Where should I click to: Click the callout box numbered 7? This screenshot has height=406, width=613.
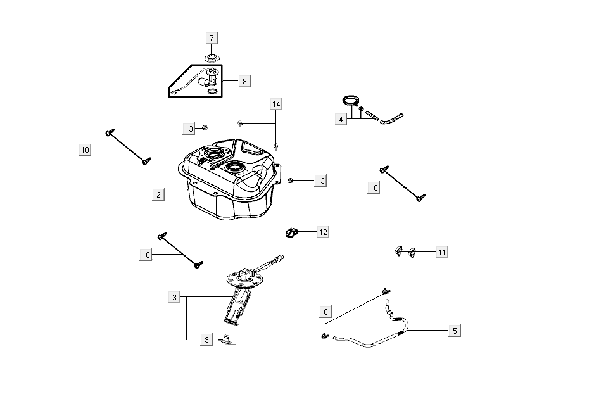coord(212,38)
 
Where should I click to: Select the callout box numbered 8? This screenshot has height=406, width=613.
coord(244,81)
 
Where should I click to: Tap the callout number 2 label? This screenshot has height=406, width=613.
coord(158,194)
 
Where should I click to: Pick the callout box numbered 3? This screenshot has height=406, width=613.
coord(175,297)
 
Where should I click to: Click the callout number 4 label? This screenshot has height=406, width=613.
coord(341,119)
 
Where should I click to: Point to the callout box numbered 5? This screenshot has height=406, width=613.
coord(454,330)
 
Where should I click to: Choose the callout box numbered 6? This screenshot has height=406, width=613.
coord(325,312)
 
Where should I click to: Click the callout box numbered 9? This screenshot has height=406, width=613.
coord(206,340)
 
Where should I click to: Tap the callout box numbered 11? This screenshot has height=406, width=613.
coord(442,252)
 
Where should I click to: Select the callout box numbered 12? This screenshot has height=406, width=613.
coord(323,232)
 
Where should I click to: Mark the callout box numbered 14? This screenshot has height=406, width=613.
coord(276,103)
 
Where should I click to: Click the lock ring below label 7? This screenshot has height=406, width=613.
coord(212,59)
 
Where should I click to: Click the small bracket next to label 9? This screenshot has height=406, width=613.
coord(227,340)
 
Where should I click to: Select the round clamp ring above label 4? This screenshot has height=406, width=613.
coord(350,101)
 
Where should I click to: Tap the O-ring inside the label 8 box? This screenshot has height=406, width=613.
coord(214,91)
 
